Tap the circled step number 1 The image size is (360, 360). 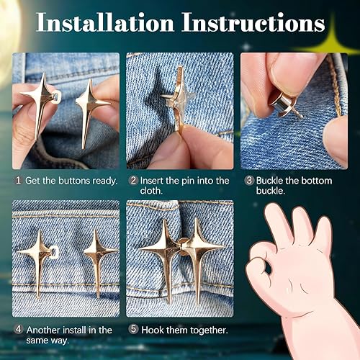[18, 180]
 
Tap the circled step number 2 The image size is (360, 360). [132, 180]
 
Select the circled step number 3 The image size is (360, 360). [248, 180]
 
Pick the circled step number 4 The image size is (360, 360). [18, 330]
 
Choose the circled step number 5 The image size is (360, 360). [132, 330]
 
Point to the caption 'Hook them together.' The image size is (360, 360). [184, 330]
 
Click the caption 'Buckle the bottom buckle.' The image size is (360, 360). [295, 186]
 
